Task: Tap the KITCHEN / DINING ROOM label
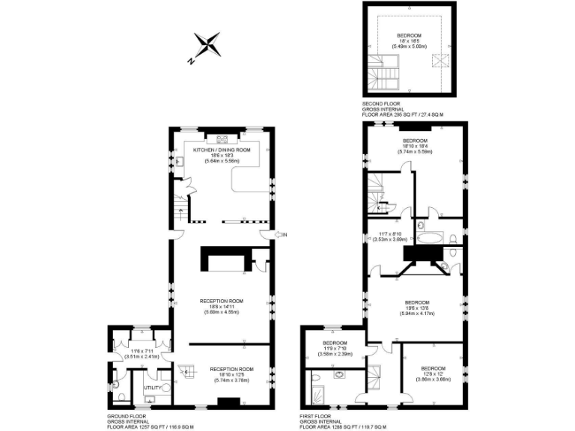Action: (x=222, y=150)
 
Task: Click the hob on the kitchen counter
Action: (x=222, y=138)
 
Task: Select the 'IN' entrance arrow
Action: (x=281, y=235)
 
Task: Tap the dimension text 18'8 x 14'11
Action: (x=222, y=306)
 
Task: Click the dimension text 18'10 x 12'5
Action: (x=232, y=375)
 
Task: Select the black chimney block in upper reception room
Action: (x=223, y=260)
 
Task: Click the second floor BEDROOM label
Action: (x=409, y=35)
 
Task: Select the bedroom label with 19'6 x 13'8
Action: (x=416, y=302)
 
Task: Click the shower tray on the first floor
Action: (x=318, y=388)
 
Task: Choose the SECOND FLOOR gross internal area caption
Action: (x=404, y=110)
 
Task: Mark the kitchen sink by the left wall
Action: (x=180, y=161)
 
